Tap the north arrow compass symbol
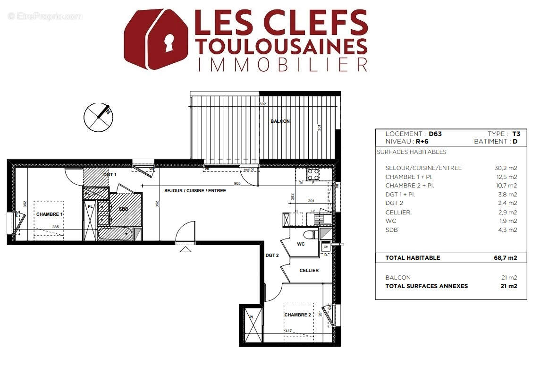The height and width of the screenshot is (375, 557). click(98, 117)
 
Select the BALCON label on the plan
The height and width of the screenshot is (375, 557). click(280, 121)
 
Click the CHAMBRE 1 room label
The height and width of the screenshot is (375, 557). click(50, 214)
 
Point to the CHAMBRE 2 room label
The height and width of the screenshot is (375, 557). click(297, 315)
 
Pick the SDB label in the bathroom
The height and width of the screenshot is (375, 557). click(124, 209)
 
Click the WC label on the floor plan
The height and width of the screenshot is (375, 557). click(301, 244)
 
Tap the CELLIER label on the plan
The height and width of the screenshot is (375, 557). click(309, 271)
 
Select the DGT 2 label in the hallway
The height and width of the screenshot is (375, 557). click(272, 256)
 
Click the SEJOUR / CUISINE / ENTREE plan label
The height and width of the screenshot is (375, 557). click(195, 191)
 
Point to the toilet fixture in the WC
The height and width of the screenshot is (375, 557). click(309, 235)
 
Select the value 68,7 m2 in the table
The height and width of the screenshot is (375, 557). click(506, 258)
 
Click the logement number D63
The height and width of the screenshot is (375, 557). click(435, 134)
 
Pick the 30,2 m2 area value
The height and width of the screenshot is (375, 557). click(506, 168)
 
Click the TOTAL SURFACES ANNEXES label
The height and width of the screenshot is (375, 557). click(426, 286)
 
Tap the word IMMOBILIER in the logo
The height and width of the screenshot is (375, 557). click(282, 64)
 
